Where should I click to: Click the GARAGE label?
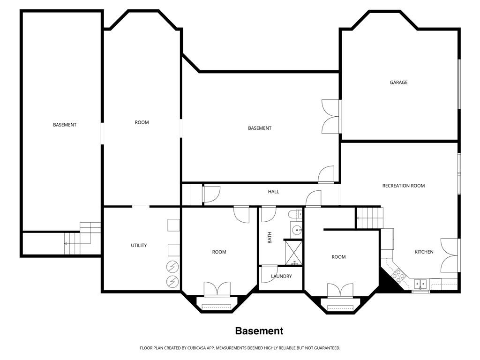398,82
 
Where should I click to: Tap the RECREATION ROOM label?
403,186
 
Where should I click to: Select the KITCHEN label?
424,252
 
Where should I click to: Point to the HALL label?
273,192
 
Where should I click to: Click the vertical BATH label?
270,239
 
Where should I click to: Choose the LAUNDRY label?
281,276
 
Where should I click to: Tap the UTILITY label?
139,246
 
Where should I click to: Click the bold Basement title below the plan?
259,331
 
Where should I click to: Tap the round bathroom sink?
296,230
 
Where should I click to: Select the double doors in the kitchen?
449,255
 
